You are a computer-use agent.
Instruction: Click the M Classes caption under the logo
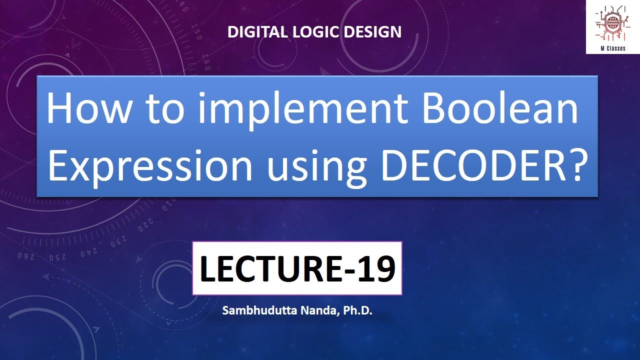coord(613,48)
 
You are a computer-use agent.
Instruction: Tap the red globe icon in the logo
coord(613,22)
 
